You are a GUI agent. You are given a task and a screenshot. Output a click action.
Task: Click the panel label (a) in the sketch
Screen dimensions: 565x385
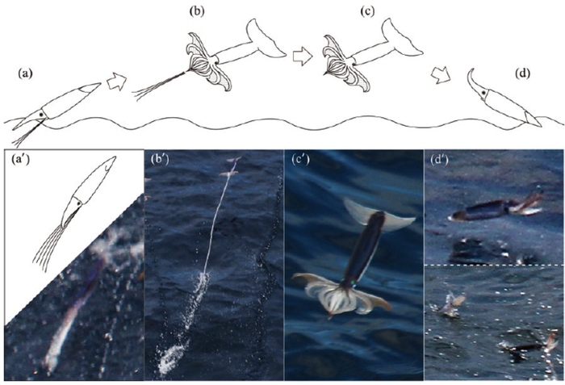[x=26, y=74]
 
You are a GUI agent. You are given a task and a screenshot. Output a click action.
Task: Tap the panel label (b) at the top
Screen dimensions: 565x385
[x=197, y=11]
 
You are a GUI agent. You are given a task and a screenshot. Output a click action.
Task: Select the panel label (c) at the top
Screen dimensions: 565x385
[x=367, y=11]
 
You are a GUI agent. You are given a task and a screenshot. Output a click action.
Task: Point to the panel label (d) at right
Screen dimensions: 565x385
[x=523, y=73]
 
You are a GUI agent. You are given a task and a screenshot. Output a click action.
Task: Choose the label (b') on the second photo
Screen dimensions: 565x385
[x=160, y=159]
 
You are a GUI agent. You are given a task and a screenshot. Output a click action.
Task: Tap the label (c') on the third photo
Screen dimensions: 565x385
[x=300, y=159]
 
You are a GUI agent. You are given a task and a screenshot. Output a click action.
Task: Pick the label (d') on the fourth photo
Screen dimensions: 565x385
[x=439, y=159]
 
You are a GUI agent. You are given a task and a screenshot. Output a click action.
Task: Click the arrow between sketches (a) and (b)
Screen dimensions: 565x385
[x=117, y=82]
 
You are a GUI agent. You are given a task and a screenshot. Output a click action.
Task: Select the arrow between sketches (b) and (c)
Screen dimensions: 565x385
[x=303, y=56]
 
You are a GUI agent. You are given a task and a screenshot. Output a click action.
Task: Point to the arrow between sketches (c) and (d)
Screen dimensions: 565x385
[x=441, y=75]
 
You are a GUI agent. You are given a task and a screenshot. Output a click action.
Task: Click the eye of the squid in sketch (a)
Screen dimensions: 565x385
[x=43, y=115]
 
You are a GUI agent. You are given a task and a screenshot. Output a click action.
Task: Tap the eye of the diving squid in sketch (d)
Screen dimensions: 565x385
[x=483, y=94]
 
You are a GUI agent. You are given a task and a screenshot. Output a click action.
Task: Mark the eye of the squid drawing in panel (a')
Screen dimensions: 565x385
[x=78, y=203]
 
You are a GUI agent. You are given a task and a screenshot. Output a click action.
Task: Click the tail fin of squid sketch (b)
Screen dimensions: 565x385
[x=266, y=39]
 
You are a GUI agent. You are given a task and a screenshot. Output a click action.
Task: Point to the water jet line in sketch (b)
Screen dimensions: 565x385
[x=159, y=83]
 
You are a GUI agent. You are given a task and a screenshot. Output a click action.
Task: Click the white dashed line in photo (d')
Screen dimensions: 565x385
[x=494, y=265]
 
